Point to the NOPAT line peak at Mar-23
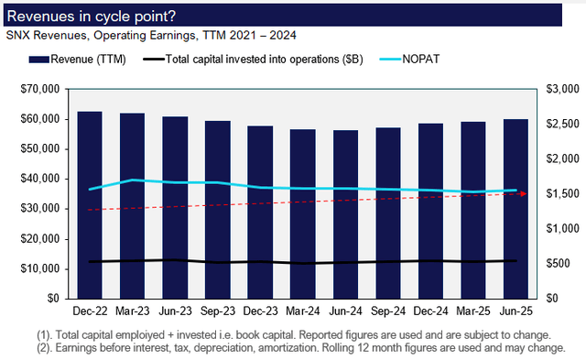pyautogui.click(x=133, y=180)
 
